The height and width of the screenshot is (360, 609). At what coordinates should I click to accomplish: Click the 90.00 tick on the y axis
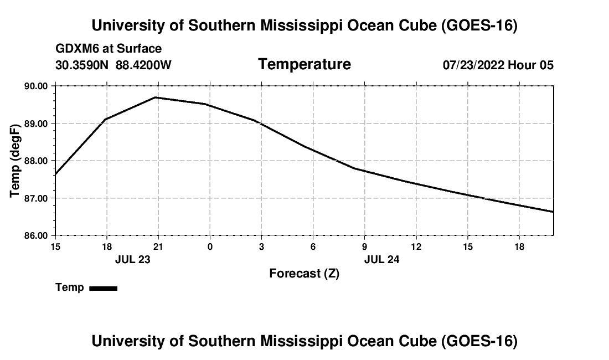[x=36, y=86]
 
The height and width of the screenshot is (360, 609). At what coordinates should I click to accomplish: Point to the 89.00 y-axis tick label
[x=36, y=124]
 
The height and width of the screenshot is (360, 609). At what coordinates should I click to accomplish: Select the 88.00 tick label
[x=36, y=161]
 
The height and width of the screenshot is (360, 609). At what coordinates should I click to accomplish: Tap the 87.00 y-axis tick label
[x=36, y=198]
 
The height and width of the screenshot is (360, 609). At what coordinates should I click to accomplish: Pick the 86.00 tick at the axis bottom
[x=36, y=236]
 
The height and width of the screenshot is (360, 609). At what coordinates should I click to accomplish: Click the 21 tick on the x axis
[x=158, y=246]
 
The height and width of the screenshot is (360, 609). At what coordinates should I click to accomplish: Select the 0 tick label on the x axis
[x=210, y=246]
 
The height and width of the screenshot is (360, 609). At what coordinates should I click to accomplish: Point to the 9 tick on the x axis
[x=364, y=246]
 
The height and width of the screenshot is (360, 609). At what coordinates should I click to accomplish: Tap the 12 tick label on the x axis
[x=416, y=246]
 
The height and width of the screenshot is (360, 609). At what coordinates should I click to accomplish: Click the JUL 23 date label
[x=132, y=259]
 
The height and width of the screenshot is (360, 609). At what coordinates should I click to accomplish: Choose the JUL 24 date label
[x=382, y=259]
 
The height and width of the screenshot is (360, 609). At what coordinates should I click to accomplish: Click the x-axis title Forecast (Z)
[x=304, y=274]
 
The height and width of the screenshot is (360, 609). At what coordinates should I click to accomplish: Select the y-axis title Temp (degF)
[x=15, y=161]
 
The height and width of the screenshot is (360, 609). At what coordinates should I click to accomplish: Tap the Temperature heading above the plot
[x=304, y=64]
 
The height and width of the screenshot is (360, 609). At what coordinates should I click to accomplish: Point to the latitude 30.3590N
[x=82, y=65]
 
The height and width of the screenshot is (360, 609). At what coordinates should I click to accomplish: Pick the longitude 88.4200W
[x=143, y=65]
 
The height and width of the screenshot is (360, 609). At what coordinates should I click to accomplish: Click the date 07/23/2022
[x=474, y=65]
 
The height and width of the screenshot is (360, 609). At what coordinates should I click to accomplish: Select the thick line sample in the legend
[x=104, y=288]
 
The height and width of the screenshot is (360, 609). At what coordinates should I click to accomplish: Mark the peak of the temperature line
[x=156, y=97]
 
